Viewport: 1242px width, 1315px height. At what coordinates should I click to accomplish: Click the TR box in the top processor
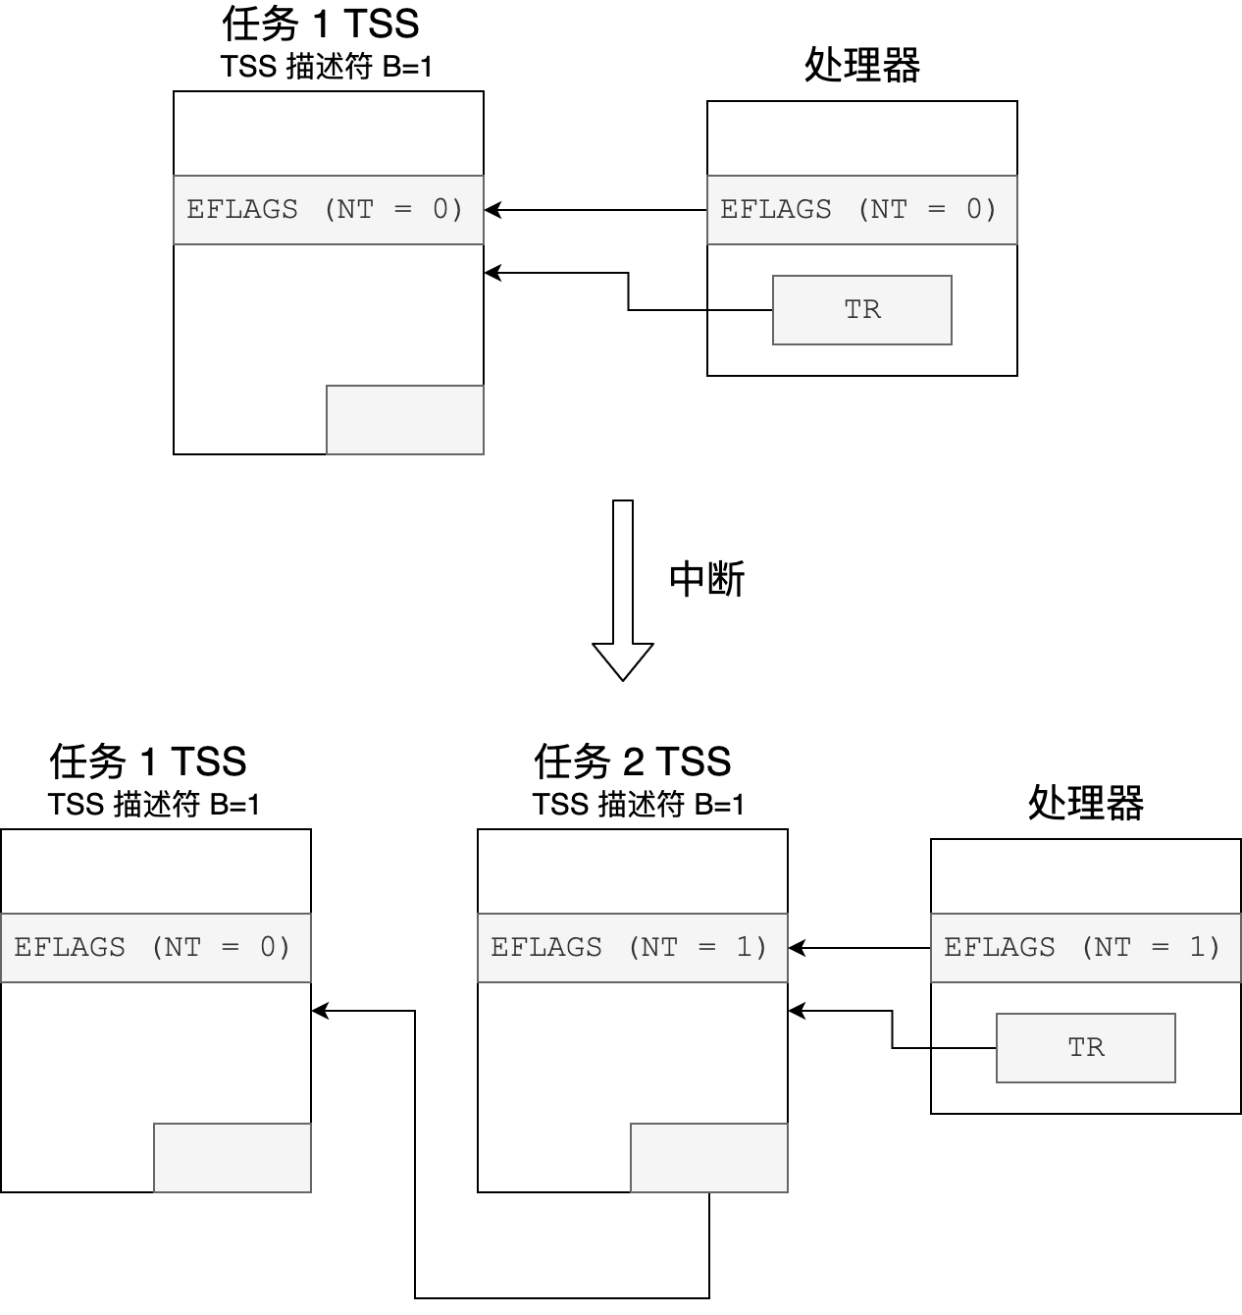click(861, 310)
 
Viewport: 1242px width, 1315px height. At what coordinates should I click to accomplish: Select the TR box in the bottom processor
click(1085, 1048)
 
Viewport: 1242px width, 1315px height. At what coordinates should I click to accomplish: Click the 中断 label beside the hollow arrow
click(706, 579)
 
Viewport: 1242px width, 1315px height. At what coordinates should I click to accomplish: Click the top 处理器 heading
click(861, 66)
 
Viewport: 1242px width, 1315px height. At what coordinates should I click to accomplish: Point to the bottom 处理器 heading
click(1085, 804)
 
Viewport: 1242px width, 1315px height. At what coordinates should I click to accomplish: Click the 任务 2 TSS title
click(633, 762)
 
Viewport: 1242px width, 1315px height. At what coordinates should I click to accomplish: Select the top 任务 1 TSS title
click(321, 24)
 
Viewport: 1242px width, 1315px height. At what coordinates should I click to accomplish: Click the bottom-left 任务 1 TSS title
click(148, 762)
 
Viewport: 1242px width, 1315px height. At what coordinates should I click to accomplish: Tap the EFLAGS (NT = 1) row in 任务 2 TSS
click(632, 948)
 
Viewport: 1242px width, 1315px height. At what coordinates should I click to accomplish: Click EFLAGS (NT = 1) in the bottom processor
click(1085, 948)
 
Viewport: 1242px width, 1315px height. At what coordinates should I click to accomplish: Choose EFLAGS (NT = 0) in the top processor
click(861, 210)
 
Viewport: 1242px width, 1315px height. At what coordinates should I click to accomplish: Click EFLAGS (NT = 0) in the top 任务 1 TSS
click(328, 210)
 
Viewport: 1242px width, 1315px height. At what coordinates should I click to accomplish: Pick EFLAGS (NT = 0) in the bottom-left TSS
click(155, 948)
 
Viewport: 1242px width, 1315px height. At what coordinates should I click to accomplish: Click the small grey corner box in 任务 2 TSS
click(708, 1158)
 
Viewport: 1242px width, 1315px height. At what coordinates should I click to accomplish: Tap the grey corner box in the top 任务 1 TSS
click(404, 420)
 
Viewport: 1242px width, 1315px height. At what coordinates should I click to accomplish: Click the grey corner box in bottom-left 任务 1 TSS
click(232, 1158)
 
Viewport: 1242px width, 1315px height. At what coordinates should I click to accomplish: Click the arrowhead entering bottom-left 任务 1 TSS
click(319, 1011)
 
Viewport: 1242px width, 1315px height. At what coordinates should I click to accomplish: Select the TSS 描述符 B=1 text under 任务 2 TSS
click(639, 805)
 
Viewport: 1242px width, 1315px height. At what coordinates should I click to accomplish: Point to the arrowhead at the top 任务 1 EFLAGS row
click(492, 210)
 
